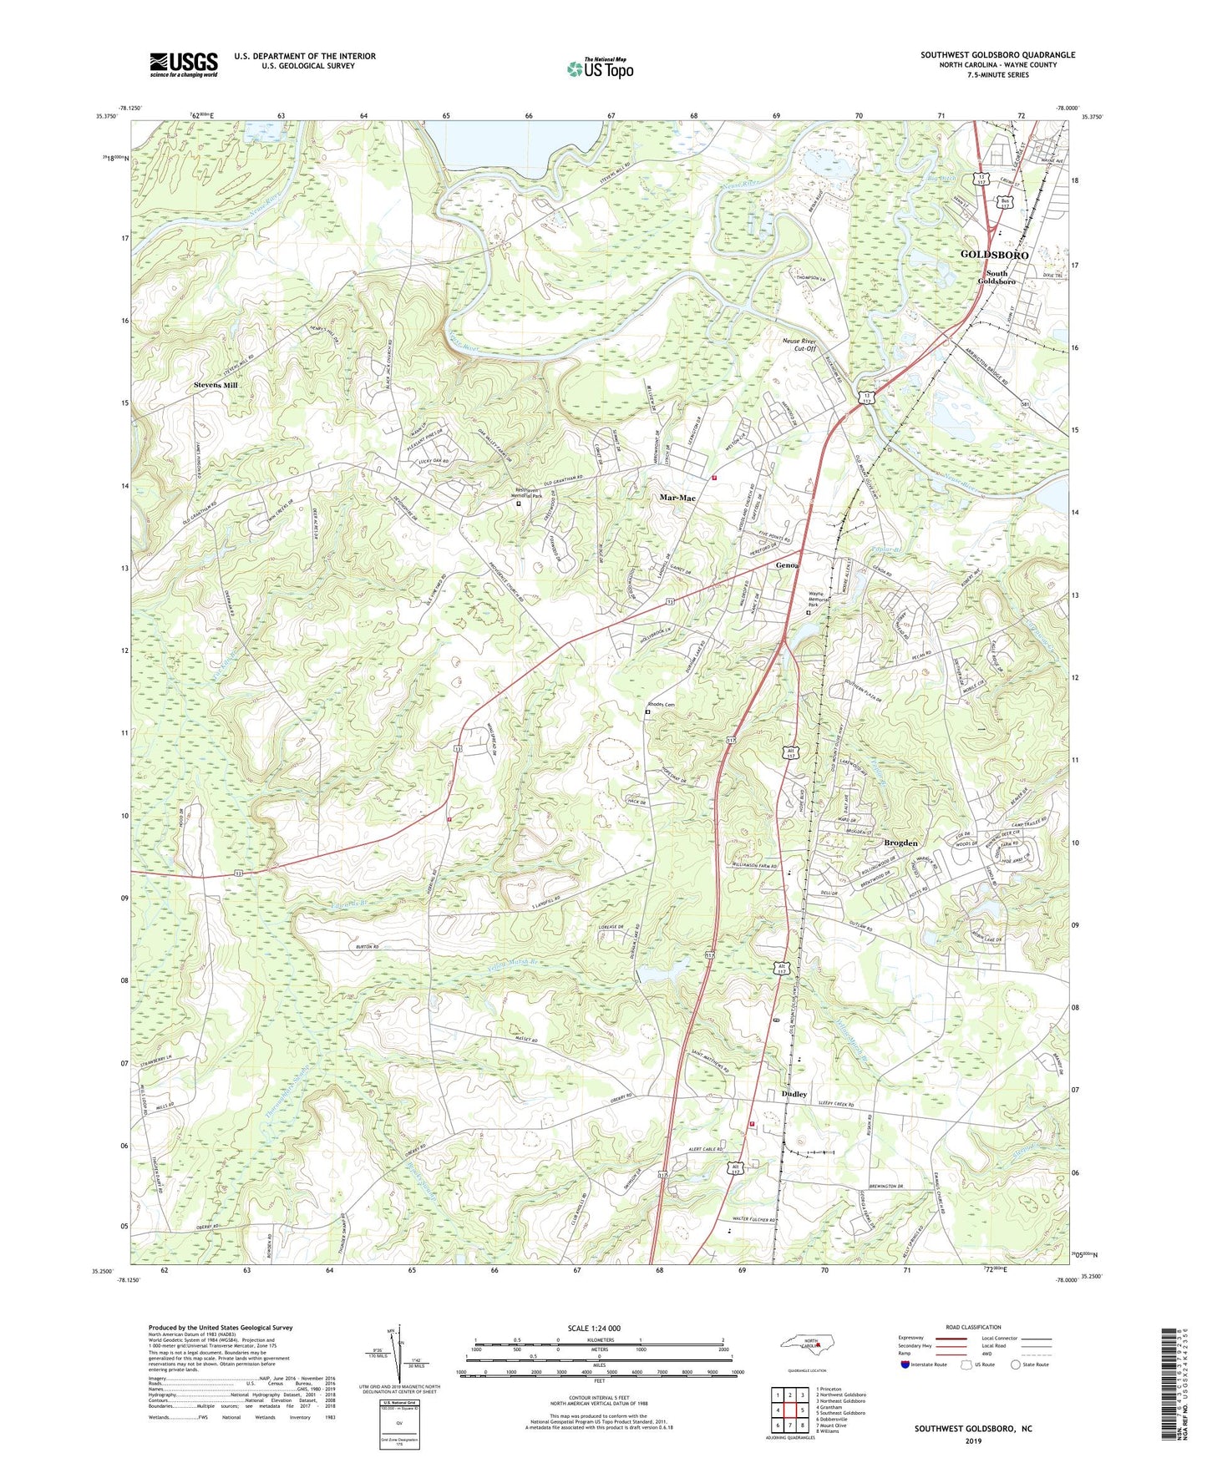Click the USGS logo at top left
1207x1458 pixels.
point(184,64)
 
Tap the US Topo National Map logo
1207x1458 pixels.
point(599,68)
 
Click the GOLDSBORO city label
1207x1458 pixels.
point(994,254)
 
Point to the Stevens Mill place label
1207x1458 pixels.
point(216,385)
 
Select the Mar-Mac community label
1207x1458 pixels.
point(677,498)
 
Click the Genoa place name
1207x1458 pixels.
point(787,565)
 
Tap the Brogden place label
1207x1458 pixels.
point(900,843)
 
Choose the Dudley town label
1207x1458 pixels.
point(794,1094)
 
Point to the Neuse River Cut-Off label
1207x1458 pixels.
point(799,345)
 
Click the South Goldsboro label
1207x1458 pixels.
point(997,277)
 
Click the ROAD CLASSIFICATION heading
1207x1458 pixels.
point(972,1327)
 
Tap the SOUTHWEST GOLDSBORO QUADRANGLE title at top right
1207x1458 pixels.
point(997,55)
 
